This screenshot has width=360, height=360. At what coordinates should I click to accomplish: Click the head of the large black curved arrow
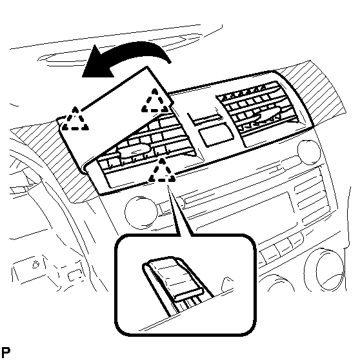[95, 63]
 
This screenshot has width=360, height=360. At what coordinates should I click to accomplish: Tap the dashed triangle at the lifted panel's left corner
[75, 119]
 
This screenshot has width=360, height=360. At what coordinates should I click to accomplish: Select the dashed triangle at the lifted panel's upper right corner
[155, 101]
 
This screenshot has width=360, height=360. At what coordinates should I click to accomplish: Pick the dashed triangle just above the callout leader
[162, 170]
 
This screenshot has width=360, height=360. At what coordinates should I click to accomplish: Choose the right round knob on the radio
[309, 152]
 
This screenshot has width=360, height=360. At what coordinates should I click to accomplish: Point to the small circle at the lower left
[35, 265]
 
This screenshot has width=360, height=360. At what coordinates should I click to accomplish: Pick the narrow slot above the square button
[205, 119]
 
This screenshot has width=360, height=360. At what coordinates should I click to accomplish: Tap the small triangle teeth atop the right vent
[244, 92]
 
